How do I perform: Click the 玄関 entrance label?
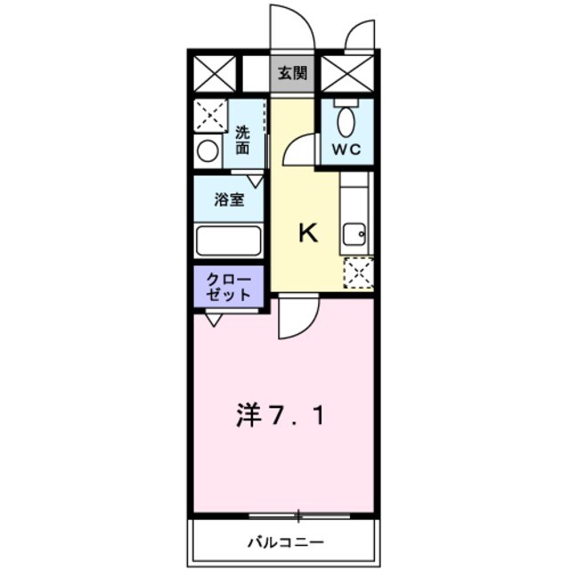coord(293,74)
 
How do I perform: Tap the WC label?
coord(346,149)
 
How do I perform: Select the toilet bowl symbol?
coord(346,119)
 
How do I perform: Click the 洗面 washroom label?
coord(243,142)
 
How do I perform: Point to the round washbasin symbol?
coord(208,150)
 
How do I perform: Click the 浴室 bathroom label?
coord(229,199)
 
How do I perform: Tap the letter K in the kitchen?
coord(307,233)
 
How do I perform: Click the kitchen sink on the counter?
coord(354,234)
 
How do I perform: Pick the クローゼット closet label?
coord(229,288)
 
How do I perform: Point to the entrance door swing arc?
coord(294,27)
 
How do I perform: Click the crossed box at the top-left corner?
coord(215,74)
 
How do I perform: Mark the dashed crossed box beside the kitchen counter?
coord(359,273)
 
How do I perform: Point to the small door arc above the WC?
coord(360,36)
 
